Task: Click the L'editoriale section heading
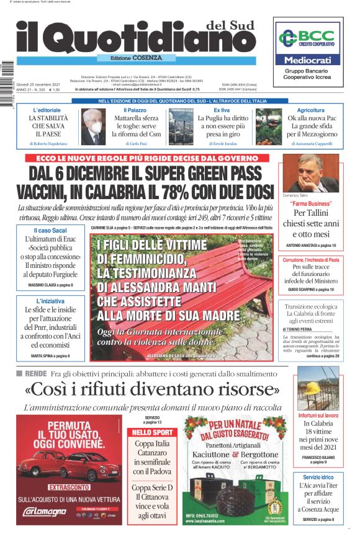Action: pyautogui.click(x=48, y=110)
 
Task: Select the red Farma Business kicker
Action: pyautogui.click(x=311, y=203)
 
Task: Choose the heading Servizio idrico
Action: pyautogui.click(x=318, y=477)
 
